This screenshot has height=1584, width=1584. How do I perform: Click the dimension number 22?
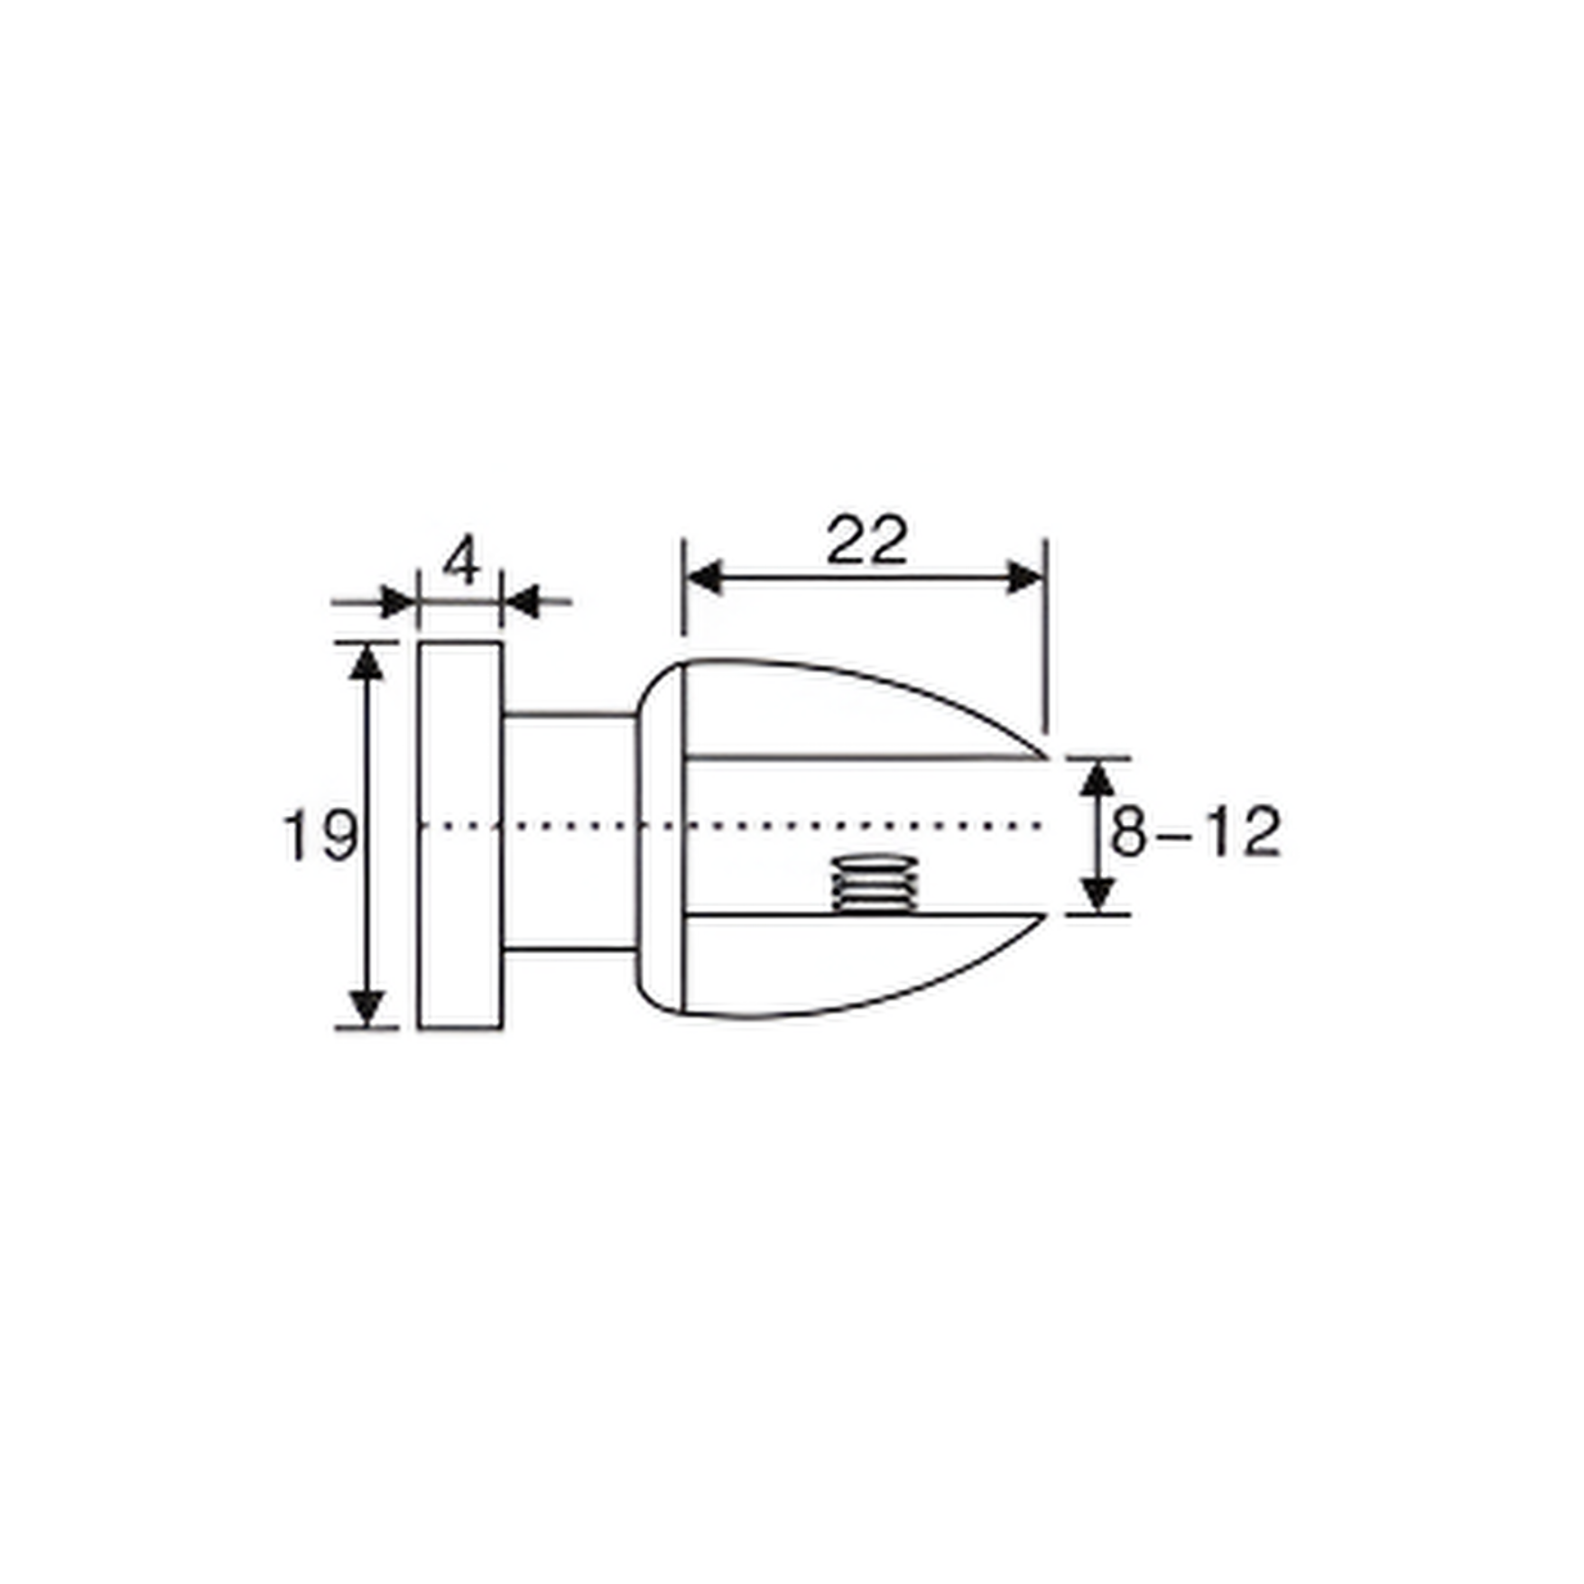point(866,542)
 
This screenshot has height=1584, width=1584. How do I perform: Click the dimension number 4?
point(462,560)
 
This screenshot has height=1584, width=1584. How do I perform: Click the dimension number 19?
point(320,835)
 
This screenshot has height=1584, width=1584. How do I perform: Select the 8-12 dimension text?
point(1194,832)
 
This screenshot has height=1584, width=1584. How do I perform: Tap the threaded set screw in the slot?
point(874,885)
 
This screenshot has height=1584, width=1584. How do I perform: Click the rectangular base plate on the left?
point(460,835)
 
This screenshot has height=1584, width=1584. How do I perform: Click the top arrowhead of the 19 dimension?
point(366,662)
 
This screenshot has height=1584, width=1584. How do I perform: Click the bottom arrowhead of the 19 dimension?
point(366,1007)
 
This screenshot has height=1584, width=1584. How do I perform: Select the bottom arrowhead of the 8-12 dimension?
point(1097,894)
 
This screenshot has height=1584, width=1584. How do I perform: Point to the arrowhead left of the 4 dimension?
point(398,601)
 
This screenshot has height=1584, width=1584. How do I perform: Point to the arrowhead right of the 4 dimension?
point(521,601)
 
